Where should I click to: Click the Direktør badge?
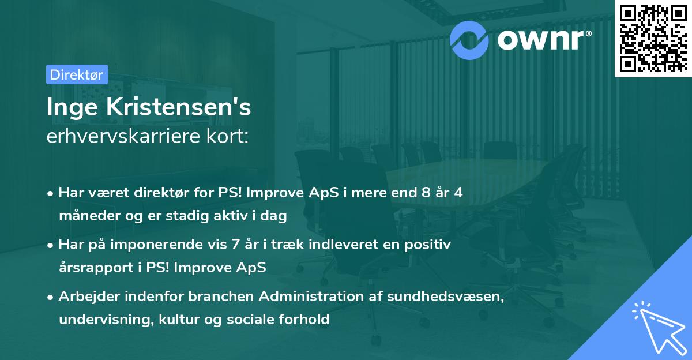[77, 74]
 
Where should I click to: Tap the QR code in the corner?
[653, 39]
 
